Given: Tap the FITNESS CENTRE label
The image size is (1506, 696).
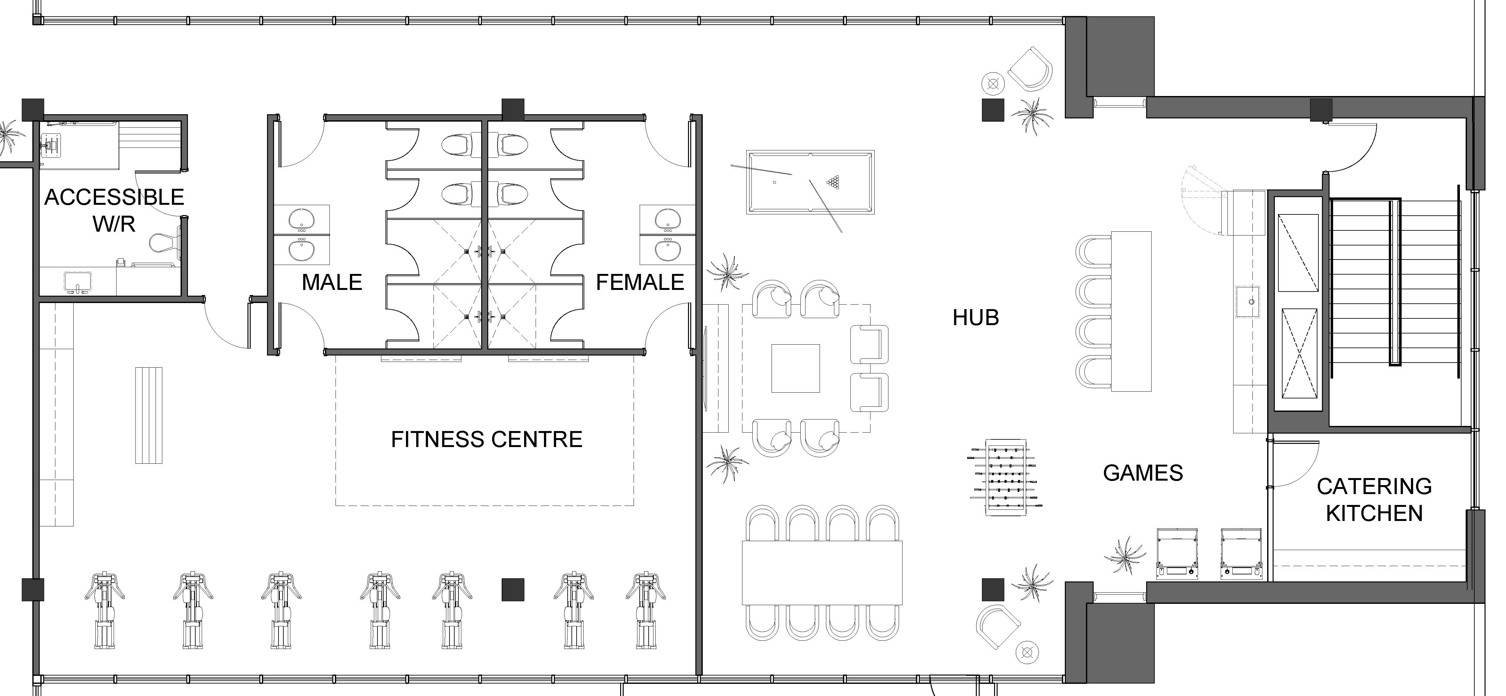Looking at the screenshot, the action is tap(486, 439).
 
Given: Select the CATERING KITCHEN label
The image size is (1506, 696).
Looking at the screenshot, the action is tap(1374, 500).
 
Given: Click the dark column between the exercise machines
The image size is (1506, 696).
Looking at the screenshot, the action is tap(513, 590).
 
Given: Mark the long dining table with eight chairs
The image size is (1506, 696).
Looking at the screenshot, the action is tap(822, 573).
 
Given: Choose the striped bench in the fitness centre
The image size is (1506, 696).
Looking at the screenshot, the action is tap(149, 415).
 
